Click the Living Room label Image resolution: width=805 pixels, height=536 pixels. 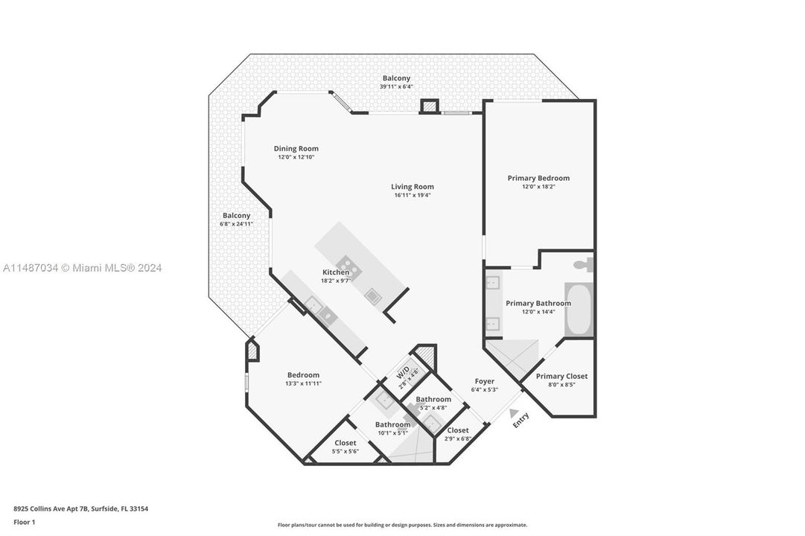click(413, 187)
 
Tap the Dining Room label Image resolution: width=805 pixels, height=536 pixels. click(296, 149)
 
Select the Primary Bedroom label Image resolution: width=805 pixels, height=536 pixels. click(538, 178)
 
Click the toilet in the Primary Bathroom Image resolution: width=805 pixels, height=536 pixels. click(582, 264)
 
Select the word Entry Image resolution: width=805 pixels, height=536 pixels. click(521, 420)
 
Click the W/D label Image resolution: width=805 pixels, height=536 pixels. click(403, 371)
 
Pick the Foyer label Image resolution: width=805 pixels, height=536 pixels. click(484, 381)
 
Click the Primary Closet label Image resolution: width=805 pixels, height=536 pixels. click(561, 377)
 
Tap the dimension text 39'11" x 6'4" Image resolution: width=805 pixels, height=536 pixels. click(396, 87)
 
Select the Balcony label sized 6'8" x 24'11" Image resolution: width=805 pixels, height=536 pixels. click(236, 215)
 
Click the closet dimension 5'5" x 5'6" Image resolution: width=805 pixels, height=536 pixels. click(345, 451)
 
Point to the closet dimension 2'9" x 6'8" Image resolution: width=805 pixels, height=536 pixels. click(458, 438)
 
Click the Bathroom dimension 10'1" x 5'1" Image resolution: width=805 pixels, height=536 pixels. click(392, 433)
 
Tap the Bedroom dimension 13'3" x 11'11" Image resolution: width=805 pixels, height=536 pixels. click(303, 383)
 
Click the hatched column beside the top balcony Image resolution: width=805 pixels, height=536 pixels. click(429, 106)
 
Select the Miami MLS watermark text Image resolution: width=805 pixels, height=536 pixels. click(83, 268)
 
